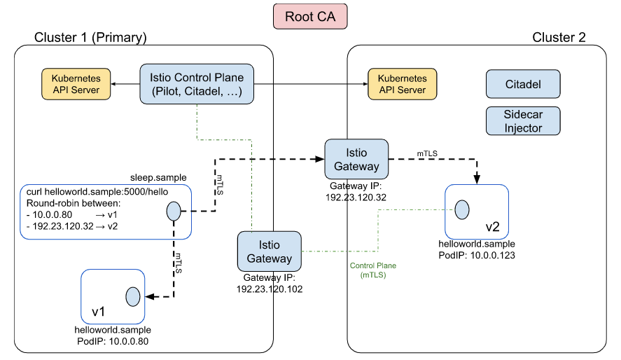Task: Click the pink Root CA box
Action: click(x=310, y=17)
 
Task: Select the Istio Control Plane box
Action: click(x=197, y=85)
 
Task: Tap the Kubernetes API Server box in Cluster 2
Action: click(x=402, y=84)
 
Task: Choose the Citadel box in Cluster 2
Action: click(x=523, y=84)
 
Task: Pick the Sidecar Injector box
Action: click(x=523, y=120)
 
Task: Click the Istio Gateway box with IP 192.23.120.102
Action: click(x=269, y=250)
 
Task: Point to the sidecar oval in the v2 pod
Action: click(x=461, y=209)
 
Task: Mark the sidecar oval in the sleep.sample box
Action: click(x=173, y=211)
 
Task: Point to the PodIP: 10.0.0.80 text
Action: click(x=112, y=341)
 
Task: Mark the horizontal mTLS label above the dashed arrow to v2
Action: click(x=428, y=152)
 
